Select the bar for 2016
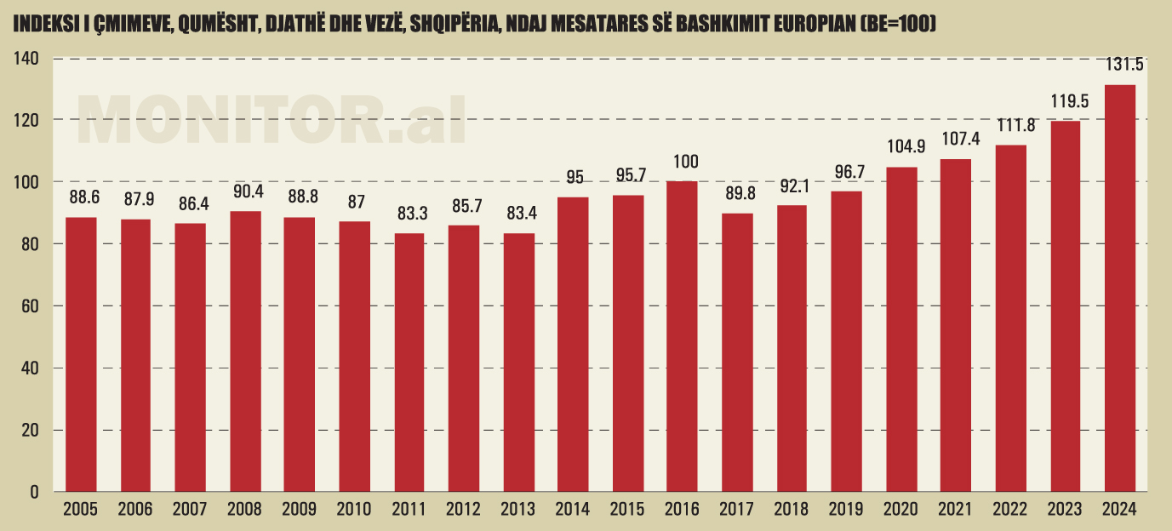coord(682,336)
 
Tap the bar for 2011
coord(409,362)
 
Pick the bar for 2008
coord(245,351)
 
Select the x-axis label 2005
coord(80,510)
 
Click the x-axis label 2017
coord(736,510)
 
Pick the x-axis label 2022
coord(1010,510)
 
